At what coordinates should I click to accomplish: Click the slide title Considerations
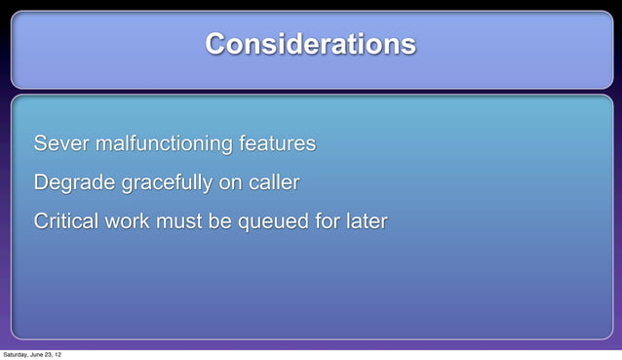coord(310,45)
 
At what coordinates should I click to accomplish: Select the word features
coord(276,144)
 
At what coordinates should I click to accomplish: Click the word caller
coord(273,183)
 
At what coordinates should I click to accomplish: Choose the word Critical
coord(66,221)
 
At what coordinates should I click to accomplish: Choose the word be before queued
coord(219,221)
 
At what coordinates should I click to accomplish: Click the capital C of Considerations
coord(215,45)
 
